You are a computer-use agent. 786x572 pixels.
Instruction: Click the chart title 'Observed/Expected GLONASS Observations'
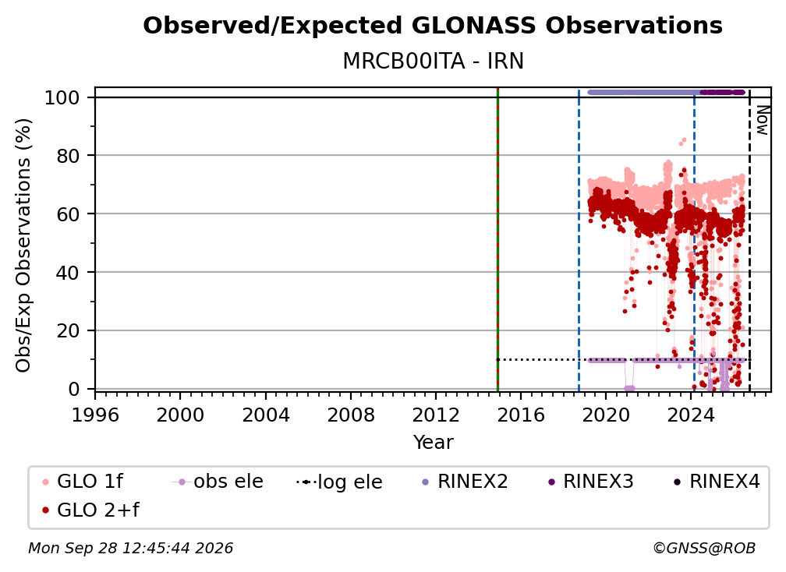point(433,26)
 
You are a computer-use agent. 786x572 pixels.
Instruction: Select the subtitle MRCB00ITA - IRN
point(433,62)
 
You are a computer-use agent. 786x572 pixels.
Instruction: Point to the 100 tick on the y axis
point(62,97)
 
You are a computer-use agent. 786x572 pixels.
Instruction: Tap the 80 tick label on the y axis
point(68,156)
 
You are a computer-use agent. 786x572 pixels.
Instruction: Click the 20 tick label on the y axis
point(68,330)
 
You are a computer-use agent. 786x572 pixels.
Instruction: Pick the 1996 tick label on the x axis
point(95,415)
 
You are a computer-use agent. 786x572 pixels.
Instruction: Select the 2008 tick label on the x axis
point(350,415)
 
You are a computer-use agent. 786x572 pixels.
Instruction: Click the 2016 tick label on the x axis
point(521,415)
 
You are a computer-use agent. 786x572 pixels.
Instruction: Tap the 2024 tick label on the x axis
point(691,415)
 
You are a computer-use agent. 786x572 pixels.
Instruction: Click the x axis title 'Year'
point(433,443)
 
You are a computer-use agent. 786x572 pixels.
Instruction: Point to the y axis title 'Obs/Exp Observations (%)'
point(23,245)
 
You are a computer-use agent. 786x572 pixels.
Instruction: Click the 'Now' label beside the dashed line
point(762,120)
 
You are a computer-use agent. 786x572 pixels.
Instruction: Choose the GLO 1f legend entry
point(83,482)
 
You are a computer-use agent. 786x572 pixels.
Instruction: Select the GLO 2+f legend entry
point(90,510)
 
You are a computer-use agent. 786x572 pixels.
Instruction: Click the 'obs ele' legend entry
point(218,482)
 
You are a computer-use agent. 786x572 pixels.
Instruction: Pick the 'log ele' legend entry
point(339,482)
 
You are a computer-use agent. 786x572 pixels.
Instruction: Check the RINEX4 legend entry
point(717,482)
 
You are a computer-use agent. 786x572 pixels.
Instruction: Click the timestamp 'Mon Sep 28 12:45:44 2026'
point(130,548)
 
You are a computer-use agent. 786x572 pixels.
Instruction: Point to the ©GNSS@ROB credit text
point(704,548)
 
